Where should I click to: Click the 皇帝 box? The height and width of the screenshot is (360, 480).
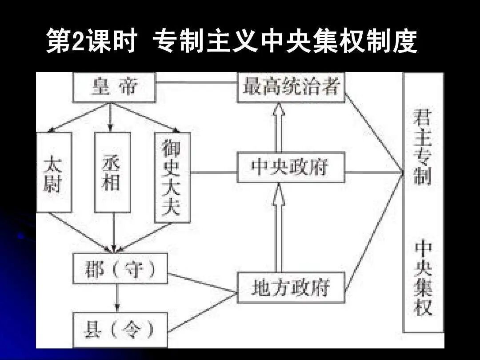(114, 87)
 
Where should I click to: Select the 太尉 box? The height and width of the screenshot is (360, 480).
(53, 172)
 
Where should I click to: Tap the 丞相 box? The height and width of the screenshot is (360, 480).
(112, 172)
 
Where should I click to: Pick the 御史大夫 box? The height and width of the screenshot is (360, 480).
(172, 177)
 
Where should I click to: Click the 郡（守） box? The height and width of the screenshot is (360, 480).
(120, 268)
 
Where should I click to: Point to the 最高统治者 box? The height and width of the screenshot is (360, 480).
(291, 87)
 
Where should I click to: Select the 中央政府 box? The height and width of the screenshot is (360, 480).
(291, 167)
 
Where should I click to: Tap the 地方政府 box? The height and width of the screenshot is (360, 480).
(291, 288)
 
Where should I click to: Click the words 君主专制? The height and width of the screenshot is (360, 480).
(422, 147)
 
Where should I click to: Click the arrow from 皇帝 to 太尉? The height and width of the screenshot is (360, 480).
(78, 119)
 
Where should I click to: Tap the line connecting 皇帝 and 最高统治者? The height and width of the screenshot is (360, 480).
(196, 83)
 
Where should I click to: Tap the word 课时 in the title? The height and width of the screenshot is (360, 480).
(111, 42)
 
